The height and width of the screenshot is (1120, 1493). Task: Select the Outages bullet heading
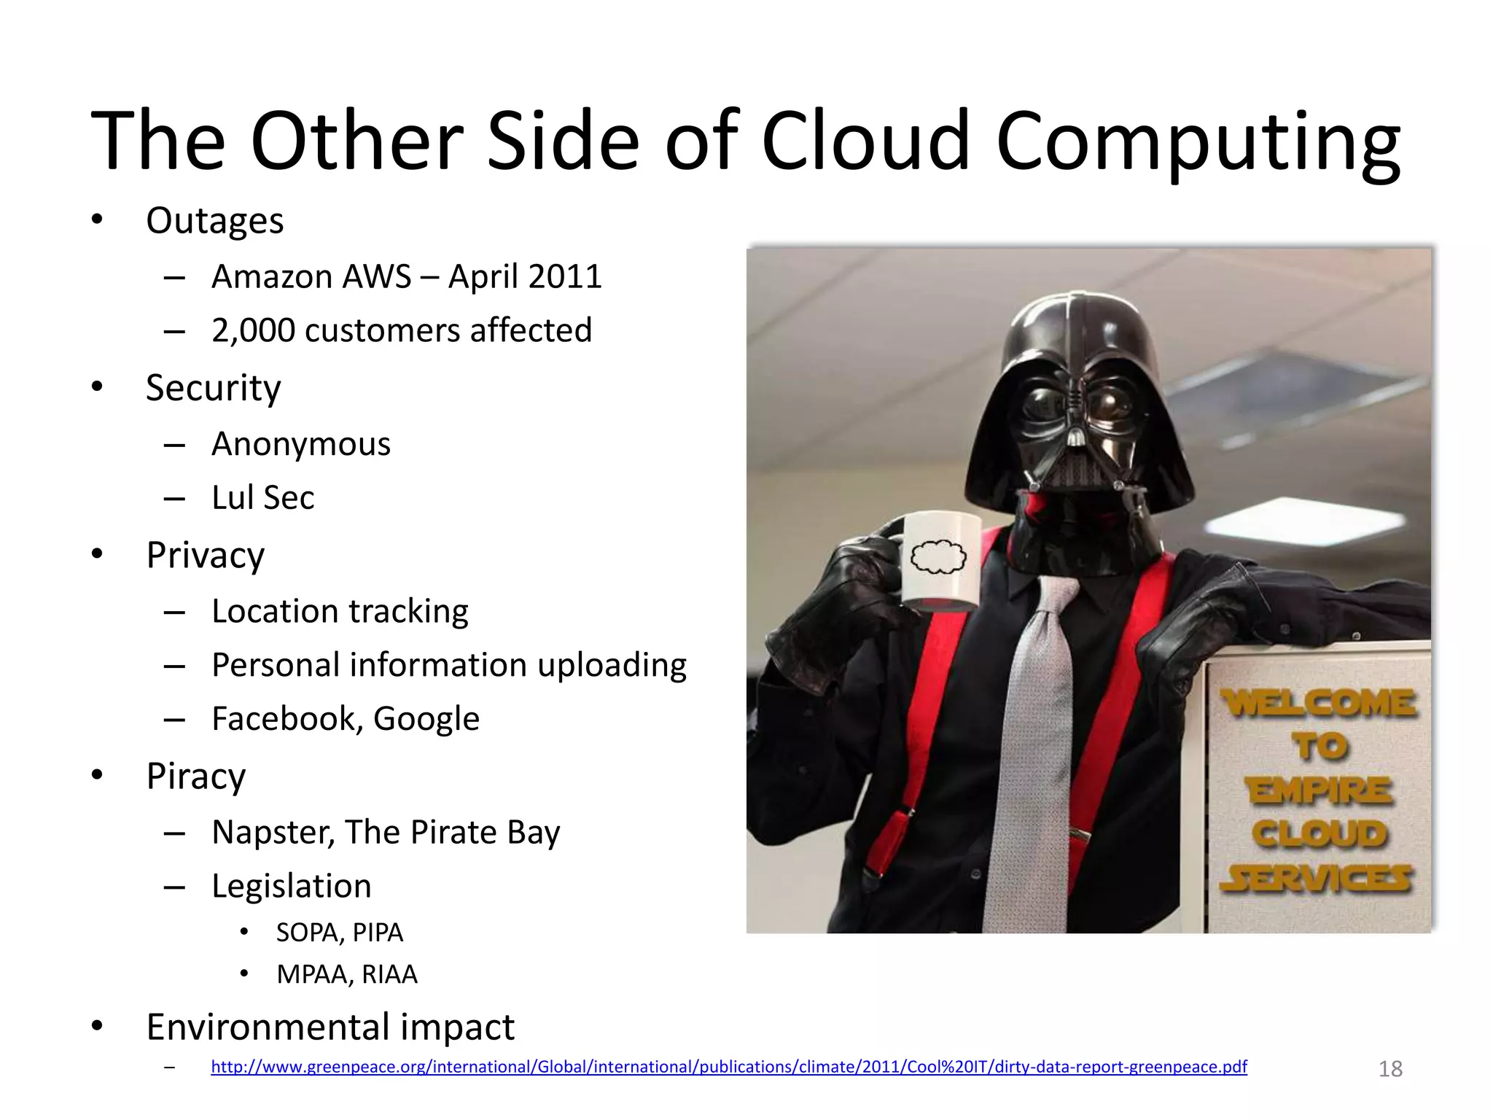point(214,220)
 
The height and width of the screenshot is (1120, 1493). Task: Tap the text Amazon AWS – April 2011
point(406,277)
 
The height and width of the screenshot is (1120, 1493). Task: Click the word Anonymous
point(300,444)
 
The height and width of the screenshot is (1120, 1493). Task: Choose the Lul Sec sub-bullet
point(262,498)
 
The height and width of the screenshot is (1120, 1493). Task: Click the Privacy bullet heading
point(205,555)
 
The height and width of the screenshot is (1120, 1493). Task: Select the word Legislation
point(291,886)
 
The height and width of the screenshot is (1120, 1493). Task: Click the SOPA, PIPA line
point(339,933)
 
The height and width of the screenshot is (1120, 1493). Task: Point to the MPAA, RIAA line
point(346,974)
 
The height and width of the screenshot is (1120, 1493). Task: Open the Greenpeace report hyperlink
point(728,1067)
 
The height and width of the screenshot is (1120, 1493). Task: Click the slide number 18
point(1390,1069)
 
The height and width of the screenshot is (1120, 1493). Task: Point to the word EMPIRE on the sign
point(1319,791)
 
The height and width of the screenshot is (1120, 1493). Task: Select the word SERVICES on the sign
point(1317,879)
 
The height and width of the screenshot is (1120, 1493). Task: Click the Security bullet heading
point(213,388)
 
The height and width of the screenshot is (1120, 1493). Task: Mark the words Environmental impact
point(330,1027)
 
